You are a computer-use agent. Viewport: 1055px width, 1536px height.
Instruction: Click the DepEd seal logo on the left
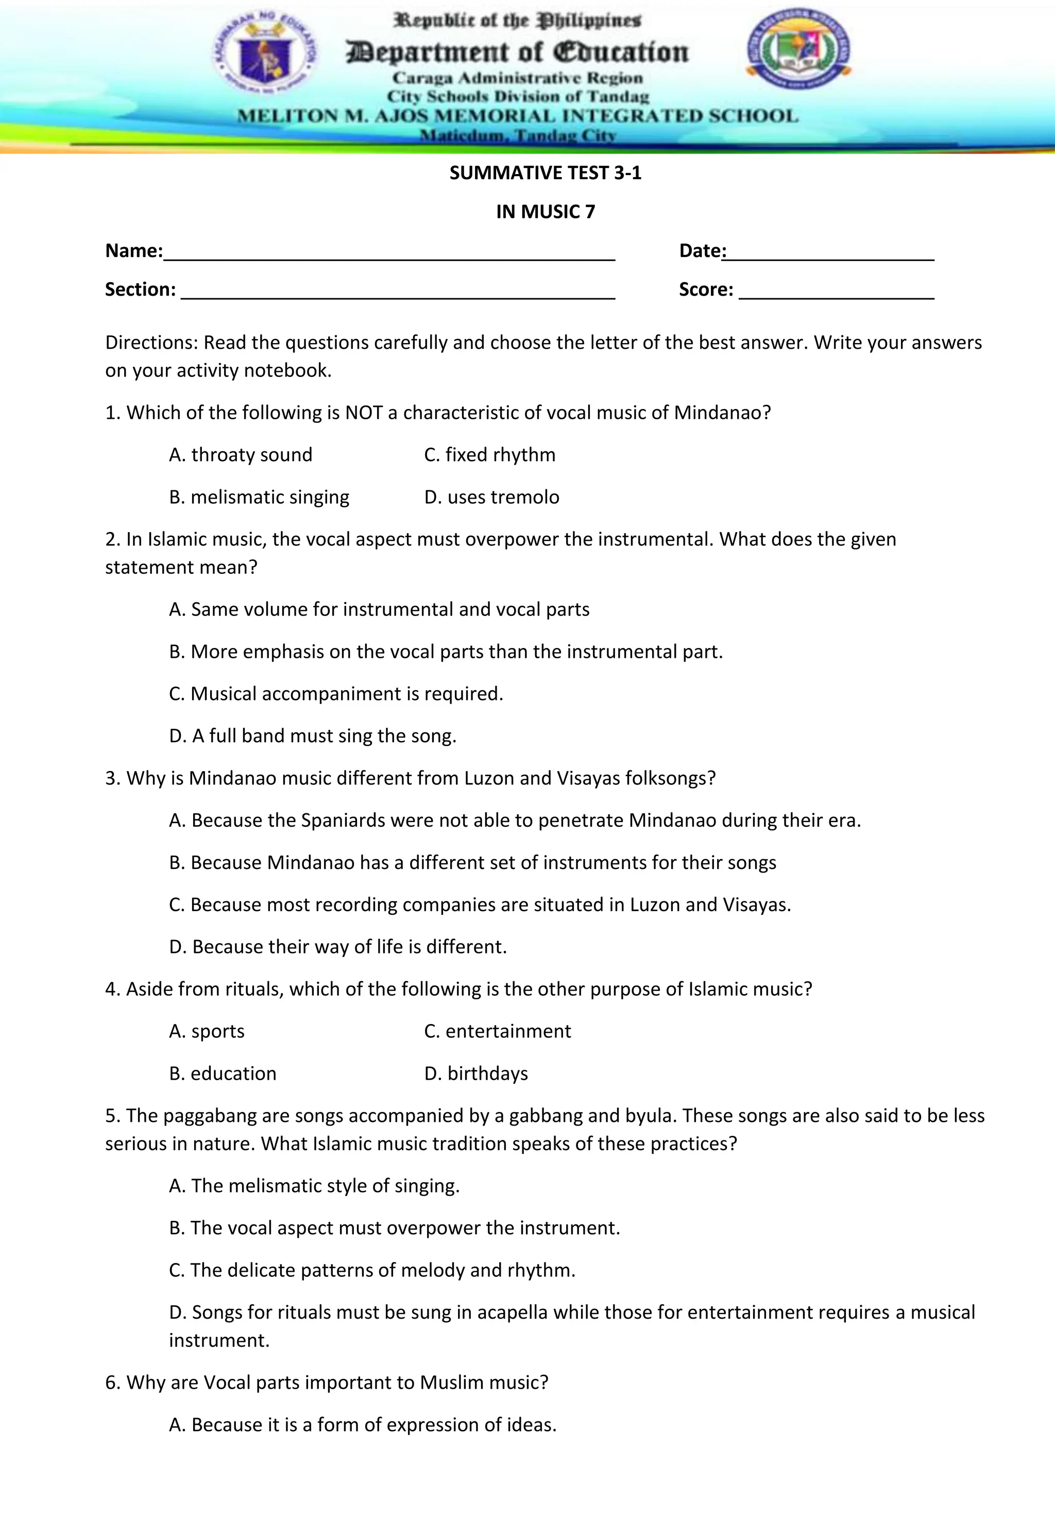tap(265, 53)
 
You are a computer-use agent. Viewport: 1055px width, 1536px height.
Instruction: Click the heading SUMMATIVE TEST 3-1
tap(546, 173)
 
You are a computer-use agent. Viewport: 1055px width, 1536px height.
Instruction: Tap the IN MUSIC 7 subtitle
tap(546, 212)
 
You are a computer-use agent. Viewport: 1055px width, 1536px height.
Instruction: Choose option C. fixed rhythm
tap(489, 455)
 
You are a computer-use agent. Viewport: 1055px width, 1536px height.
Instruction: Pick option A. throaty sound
tap(241, 455)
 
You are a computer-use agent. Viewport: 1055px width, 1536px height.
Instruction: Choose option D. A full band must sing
tap(313, 736)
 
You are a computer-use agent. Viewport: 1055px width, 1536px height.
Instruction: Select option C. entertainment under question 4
tap(497, 1031)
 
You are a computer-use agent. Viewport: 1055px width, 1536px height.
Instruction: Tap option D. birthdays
tap(476, 1073)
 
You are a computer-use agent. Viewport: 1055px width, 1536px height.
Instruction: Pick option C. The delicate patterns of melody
tap(372, 1270)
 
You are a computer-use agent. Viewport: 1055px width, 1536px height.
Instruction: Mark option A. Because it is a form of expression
tap(362, 1424)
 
